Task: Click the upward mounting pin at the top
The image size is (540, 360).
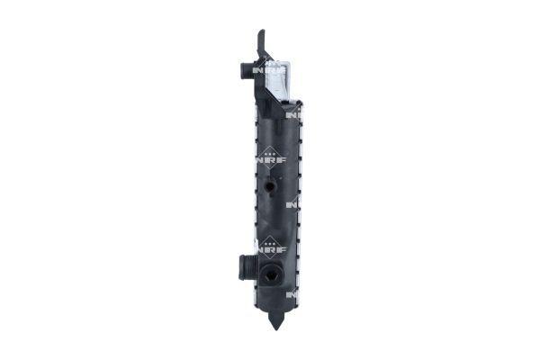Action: click(x=261, y=41)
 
